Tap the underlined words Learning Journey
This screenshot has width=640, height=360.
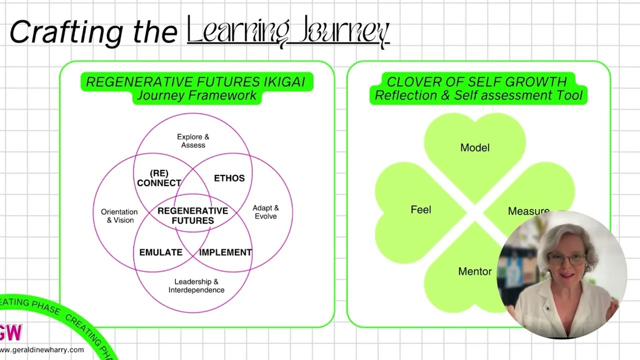pos(288,31)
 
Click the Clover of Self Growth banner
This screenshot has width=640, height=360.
pos(478,88)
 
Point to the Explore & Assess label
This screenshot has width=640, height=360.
pos(193,141)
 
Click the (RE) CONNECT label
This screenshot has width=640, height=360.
pos(159,178)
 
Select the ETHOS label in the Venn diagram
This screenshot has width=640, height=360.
pos(229,178)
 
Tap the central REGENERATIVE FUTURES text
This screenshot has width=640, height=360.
pos(192,215)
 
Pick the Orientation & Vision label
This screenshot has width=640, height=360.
pos(119,216)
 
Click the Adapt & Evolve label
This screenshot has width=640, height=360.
pos(265,212)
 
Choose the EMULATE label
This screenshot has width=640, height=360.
pos(160,252)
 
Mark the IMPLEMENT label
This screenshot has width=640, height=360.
pos(225,252)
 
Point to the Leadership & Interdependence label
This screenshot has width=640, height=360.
pos(196,286)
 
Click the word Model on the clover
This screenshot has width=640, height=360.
pos(474,147)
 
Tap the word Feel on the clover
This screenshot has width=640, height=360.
pos(420,210)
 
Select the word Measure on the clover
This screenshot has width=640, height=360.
pos(528,211)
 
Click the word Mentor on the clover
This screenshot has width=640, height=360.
pos(474,271)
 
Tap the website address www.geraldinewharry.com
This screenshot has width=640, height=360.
pos(42,350)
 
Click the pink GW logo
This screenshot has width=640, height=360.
pos(10,332)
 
